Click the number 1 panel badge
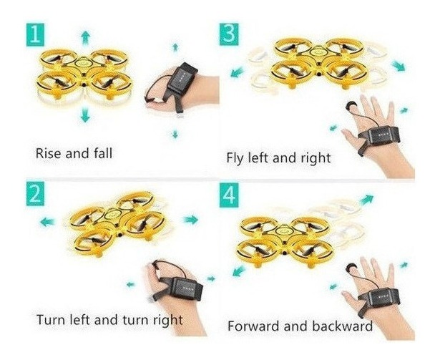click(35, 35)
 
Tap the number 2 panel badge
click(35, 193)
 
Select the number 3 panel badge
click(229, 34)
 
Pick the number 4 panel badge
click(229, 195)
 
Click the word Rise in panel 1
click(48, 153)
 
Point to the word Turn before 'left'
click(50, 320)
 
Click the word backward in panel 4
click(342, 326)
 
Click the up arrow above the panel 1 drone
click(85, 38)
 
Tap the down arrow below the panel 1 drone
click(84, 115)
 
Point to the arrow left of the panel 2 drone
click(47, 222)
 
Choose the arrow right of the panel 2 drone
click(191, 219)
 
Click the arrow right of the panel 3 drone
click(399, 65)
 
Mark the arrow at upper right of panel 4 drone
click(367, 199)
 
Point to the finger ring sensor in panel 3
click(350, 106)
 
